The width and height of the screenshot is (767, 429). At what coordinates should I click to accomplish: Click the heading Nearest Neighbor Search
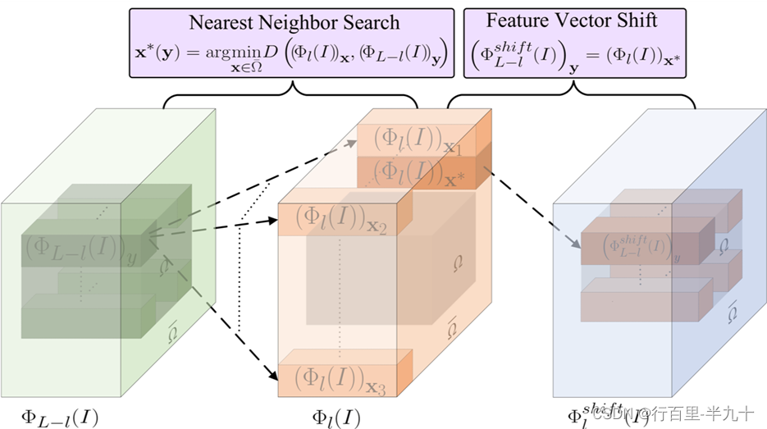click(x=294, y=22)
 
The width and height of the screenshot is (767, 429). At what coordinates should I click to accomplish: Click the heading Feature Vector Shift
click(x=571, y=21)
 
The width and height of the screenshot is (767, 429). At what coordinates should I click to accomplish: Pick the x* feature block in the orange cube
click(x=418, y=172)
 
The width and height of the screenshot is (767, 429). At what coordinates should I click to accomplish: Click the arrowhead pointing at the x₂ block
click(x=274, y=220)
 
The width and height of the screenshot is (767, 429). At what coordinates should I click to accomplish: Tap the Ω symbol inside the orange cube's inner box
click(x=458, y=264)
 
